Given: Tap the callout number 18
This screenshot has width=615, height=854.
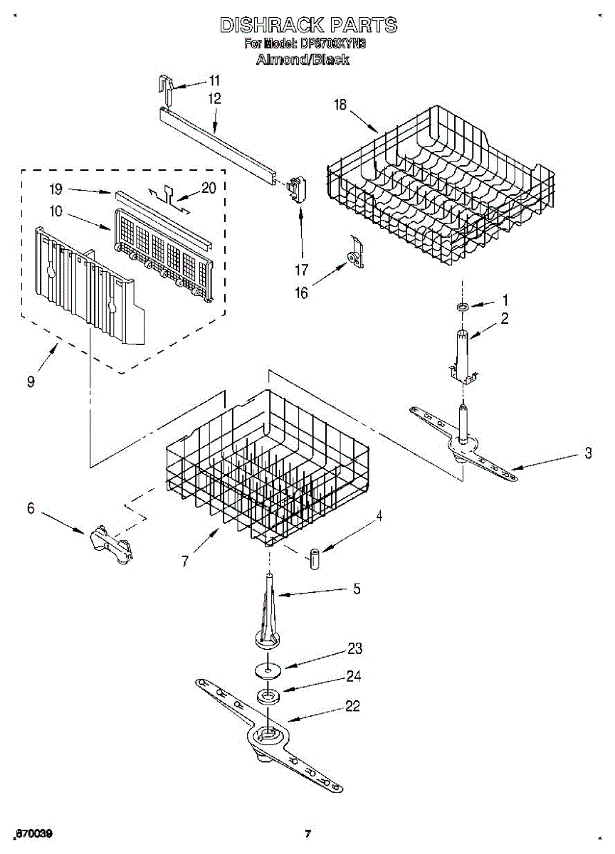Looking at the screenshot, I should pyautogui.click(x=340, y=105).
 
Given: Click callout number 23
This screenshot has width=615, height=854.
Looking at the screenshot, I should pyautogui.click(x=354, y=648).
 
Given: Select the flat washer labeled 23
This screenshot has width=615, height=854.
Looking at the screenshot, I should pyautogui.click(x=266, y=670).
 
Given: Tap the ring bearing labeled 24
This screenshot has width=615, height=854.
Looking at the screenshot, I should pyautogui.click(x=267, y=696).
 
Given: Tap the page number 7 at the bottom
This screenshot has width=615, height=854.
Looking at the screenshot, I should pyautogui.click(x=307, y=833).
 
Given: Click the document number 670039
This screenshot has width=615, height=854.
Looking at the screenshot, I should pyautogui.click(x=35, y=833).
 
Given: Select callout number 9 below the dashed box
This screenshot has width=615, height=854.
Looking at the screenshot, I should pyautogui.click(x=31, y=382).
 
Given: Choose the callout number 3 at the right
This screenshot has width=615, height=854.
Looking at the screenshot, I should pyautogui.click(x=588, y=453).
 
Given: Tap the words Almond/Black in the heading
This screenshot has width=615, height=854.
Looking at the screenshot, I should pyautogui.click(x=302, y=59).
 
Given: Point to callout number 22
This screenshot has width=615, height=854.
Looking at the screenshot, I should pyautogui.click(x=352, y=706).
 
